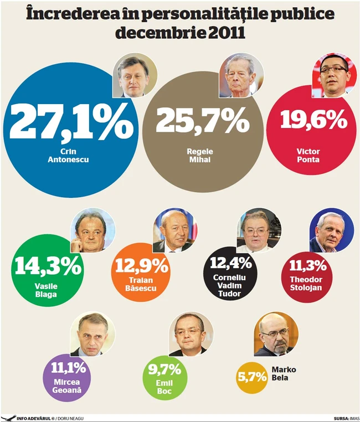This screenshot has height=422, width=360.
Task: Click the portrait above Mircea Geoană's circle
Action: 92,334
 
